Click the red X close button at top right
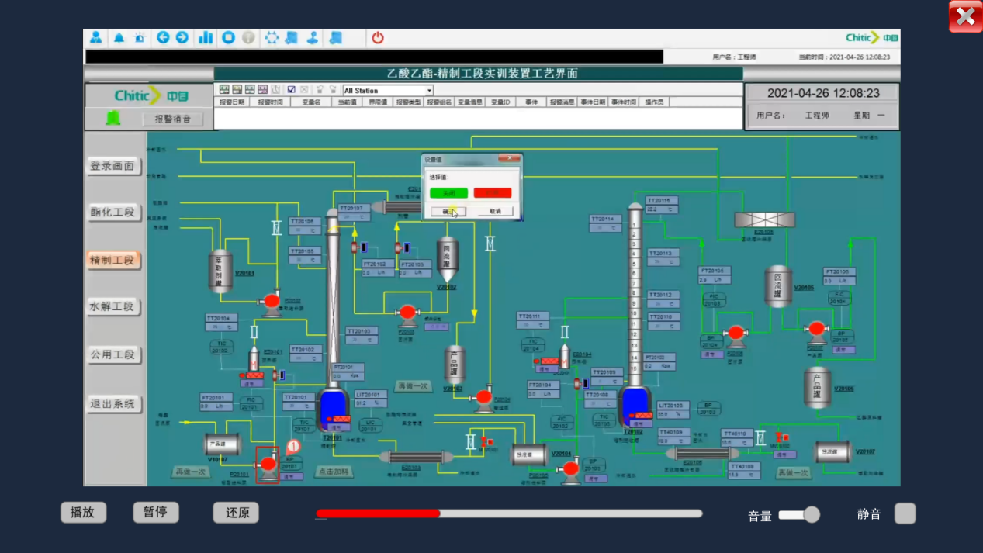coord(965,16)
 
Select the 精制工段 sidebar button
coord(112,260)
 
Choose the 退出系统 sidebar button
coord(112,404)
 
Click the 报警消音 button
coord(172,119)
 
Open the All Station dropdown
coord(429,91)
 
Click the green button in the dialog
coord(448,192)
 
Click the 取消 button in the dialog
coord(495,211)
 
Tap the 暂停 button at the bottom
coord(155,512)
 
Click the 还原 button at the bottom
coord(236,513)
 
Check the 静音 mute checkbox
coord(905,513)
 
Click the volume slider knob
coord(812,514)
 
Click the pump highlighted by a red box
coord(268,465)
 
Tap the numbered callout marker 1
coord(292,447)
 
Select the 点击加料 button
coord(334,472)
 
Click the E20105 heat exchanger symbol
coord(764,220)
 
